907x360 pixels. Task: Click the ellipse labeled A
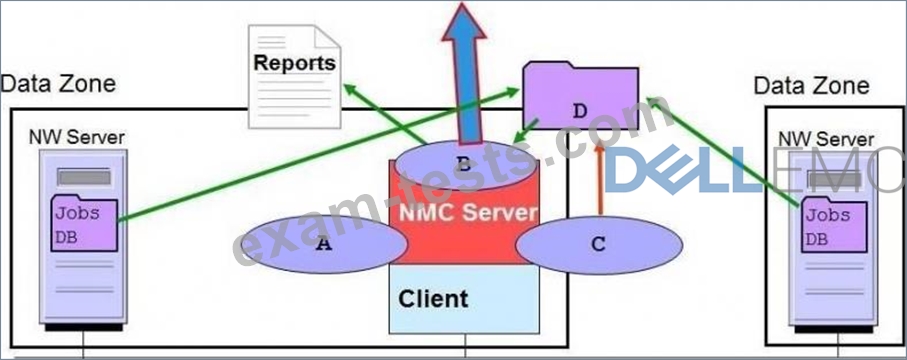click(324, 245)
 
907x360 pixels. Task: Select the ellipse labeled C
click(599, 245)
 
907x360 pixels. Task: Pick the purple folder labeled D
click(580, 96)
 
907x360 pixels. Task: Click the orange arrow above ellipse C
click(600, 178)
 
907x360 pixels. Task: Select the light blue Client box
click(464, 299)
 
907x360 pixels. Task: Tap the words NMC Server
click(468, 212)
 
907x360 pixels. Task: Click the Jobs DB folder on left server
click(84, 223)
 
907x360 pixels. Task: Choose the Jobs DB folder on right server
click(834, 225)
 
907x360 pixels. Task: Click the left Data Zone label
click(58, 84)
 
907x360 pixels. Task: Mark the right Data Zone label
click(811, 86)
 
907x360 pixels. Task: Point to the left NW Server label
click(76, 137)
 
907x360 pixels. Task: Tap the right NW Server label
click(826, 139)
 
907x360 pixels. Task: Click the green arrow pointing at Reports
click(386, 114)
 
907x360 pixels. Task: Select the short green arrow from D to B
click(526, 130)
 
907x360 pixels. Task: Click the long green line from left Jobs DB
click(318, 154)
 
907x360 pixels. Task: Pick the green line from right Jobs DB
click(724, 151)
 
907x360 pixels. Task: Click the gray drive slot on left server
click(83, 177)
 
